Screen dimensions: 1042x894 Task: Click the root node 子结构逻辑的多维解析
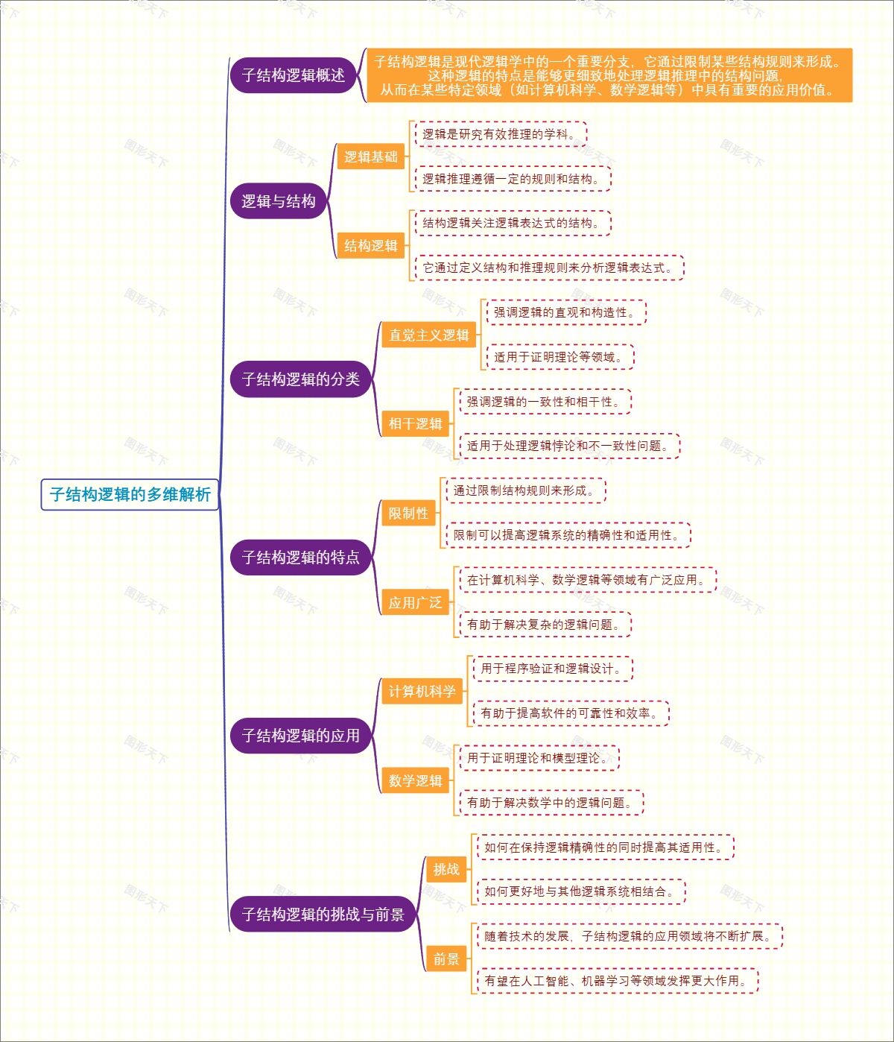click(130, 494)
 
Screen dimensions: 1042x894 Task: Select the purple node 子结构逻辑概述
click(293, 75)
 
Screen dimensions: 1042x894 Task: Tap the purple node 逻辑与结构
click(279, 201)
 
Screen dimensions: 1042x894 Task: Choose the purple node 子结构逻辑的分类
click(300, 379)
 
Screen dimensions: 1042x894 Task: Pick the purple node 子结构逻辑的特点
click(300, 558)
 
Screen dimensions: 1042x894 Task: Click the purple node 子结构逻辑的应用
click(300, 736)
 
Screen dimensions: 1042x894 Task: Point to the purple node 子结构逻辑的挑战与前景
click(323, 915)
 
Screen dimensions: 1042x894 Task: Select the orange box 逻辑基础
click(370, 157)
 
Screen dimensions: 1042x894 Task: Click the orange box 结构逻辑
click(370, 246)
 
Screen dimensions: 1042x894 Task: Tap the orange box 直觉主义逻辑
click(428, 335)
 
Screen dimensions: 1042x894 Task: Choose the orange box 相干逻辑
click(415, 424)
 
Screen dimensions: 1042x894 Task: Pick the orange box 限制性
click(408, 514)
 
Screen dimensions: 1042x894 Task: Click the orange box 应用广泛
click(415, 603)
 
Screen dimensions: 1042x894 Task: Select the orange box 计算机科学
click(422, 692)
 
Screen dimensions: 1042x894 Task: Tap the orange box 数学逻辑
click(415, 781)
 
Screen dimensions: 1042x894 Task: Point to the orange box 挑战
click(446, 870)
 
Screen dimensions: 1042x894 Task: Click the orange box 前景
click(446, 959)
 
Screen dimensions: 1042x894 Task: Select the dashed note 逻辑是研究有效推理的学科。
click(500, 134)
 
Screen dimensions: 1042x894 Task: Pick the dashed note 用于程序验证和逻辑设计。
click(551, 669)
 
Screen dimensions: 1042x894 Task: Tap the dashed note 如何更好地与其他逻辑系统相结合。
click(580, 891)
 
